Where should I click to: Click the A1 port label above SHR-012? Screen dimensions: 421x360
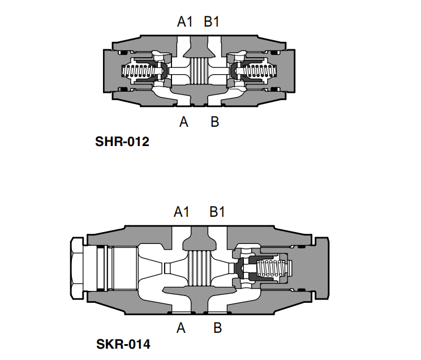tap(184, 22)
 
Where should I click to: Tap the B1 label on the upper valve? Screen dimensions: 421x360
tap(212, 22)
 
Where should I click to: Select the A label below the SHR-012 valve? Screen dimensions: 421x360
tap(184, 122)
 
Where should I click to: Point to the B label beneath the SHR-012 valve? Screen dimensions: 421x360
tap(215, 122)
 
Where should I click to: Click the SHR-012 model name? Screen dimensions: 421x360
tap(122, 142)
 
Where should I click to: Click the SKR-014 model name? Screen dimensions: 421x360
tap(123, 344)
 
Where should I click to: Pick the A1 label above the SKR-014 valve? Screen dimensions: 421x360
tap(182, 212)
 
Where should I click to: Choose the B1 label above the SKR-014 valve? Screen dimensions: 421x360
tap(217, 212)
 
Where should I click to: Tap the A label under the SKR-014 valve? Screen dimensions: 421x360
tap(181, 328)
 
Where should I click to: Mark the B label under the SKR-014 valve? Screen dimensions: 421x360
tap(217, 328)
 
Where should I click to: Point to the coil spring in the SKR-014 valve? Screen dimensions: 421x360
tap(271, 268)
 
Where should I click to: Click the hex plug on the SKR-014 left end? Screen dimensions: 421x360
tap(77, 268)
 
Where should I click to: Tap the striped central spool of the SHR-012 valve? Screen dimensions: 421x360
tap(199, 71)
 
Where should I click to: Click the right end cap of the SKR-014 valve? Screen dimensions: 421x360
tap(321, 268)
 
